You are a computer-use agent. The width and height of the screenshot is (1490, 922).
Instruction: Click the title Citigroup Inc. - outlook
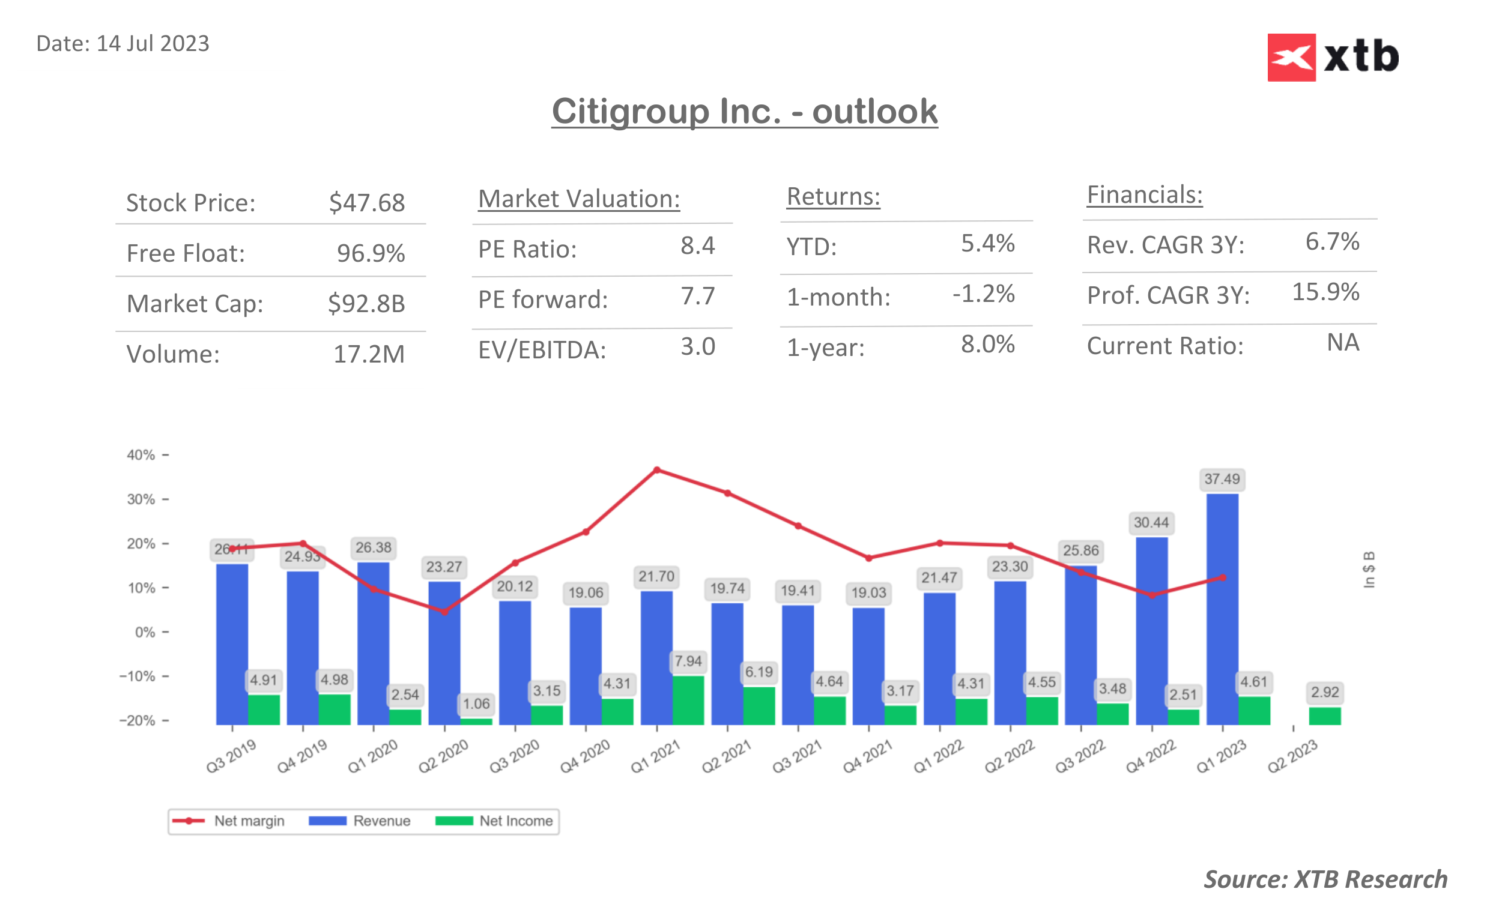click(x=744, y=111)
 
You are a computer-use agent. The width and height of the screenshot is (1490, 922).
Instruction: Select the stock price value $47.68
click(x=366, y=202)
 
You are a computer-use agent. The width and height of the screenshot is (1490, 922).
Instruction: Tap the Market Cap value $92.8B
click(x=366, y=303)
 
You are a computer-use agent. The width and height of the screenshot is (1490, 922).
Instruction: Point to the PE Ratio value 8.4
click(x=697, y=246)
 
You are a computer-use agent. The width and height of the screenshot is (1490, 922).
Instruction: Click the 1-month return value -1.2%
click(x=983, y=294)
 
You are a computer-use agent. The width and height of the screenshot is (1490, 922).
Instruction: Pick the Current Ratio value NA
click(x=1342, y=343)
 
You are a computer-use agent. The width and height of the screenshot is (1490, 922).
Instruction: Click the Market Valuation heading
click(x=578, y=199)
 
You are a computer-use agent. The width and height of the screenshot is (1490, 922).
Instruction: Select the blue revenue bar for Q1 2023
click(x=1222, y=610)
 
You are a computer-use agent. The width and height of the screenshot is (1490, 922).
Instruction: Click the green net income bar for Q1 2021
click(x=688, y=700)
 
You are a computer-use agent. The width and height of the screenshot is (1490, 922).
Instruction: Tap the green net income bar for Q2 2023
click(x=1324, y=716)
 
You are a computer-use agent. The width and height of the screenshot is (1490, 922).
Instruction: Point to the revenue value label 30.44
click(x=1151, y=523)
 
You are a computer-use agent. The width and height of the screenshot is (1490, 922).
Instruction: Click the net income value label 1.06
click(x=476, y=704)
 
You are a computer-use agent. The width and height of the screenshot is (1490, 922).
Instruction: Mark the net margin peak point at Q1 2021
click(x=656, y=470)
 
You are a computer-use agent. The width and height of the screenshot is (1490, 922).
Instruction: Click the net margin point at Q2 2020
click(x=444, y=611)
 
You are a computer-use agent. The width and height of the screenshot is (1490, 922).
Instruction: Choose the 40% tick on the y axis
click(x=141, y=455)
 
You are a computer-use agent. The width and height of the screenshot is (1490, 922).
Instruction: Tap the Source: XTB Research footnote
click(x=1325, y=879)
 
